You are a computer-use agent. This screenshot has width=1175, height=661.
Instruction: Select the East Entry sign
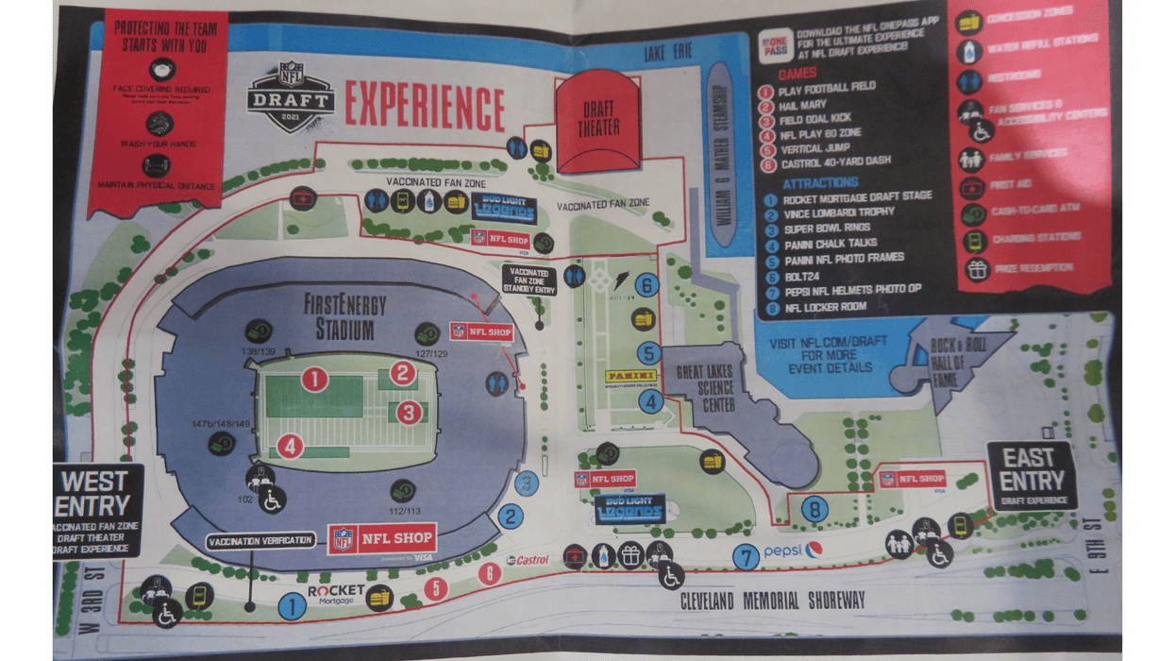tap(1031, 475)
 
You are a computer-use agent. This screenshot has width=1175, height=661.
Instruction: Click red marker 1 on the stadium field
tap(314, 380)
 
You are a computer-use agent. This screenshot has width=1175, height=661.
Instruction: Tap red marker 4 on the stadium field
tap(290, 445)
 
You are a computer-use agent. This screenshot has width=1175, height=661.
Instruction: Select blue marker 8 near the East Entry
tap(814, 510)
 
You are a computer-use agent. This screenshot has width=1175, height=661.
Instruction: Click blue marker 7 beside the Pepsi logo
tap(747, 557)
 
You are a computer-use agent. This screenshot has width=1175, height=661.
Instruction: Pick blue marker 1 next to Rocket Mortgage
tap(292, 604)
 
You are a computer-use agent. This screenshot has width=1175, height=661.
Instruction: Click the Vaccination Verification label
tap(260, 540)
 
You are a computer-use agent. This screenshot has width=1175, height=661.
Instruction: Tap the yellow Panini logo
tap(630, 377)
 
